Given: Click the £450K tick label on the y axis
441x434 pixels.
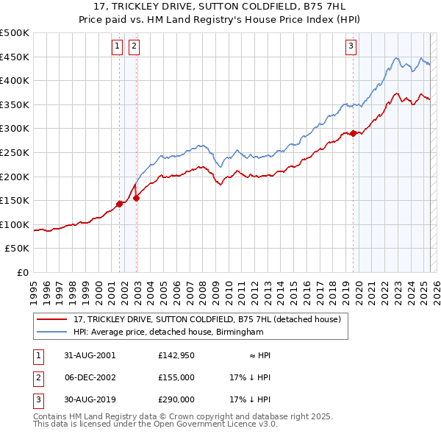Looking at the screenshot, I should tap(15, 57).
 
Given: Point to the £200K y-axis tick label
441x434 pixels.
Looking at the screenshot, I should tap(15, 177).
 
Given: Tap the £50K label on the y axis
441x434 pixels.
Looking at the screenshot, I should tap(18, 249).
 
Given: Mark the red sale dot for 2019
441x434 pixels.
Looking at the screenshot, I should tap(353, 133).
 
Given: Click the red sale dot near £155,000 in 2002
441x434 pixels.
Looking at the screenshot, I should tap(136, 198).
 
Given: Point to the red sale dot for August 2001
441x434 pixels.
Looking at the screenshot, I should tap(119, 204).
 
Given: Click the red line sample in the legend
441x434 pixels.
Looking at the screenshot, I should tap(52, 320).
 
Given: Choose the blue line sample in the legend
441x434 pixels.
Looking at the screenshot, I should tap(52, 332).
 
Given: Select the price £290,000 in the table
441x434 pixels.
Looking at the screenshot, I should tap(176, 399).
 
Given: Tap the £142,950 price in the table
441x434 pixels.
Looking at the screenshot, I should tap(176, 355).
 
